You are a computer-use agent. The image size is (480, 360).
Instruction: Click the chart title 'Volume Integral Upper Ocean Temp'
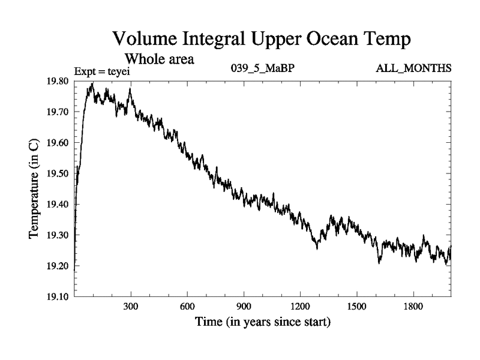(x=262, y=41)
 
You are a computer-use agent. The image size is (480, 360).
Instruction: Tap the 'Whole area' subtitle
(x=159, y=59)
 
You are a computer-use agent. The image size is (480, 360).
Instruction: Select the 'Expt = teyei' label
(x=101, y=72)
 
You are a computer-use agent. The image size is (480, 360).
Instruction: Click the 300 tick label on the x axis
(x=131, y=306)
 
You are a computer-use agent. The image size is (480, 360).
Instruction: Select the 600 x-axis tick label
(x=187, y=306)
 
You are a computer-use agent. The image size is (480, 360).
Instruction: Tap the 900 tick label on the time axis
(x=244, y=306)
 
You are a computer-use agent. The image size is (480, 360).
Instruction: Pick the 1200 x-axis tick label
(x=300, y=306)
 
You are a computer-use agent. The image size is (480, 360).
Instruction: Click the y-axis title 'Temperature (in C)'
(x=35, y=189)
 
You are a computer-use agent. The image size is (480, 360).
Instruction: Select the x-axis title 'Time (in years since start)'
(x=262, y=322)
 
